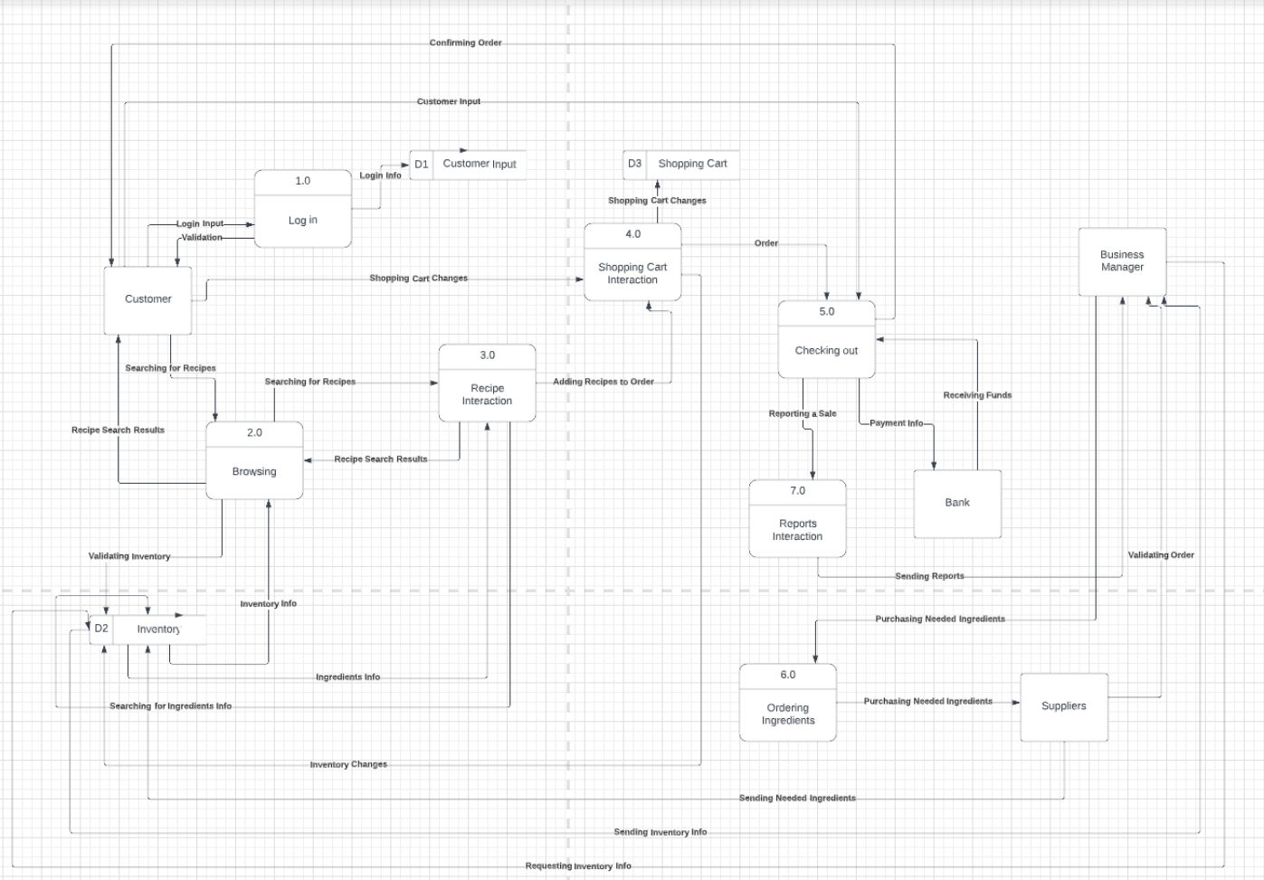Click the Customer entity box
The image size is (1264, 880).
pos(147,299)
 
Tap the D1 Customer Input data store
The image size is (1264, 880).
pos(468,165)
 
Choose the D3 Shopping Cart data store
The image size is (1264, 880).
pos(680,164)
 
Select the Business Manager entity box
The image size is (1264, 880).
pos(1122,261)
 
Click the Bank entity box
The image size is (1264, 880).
pos(957,503)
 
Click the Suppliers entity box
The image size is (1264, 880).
pos(1064,706)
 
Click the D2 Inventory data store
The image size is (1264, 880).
pos(147,629)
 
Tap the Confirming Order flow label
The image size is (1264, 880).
pos(465,43)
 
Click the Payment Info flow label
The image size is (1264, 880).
pos(897,422)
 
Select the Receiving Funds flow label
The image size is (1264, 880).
pos(977,395)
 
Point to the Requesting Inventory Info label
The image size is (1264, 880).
pos(578,866)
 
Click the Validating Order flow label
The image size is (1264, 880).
pos(1161,554)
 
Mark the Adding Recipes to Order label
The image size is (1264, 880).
pos(603,382)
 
